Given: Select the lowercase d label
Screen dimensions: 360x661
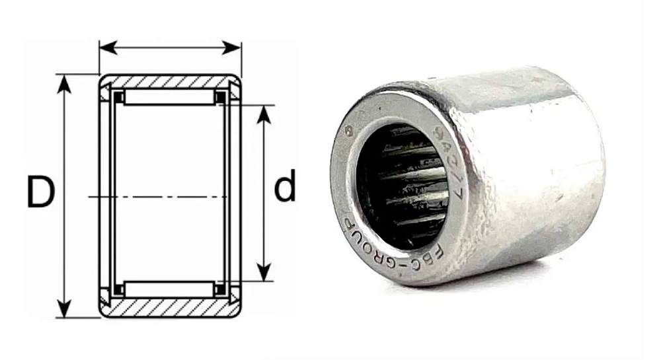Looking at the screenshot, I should coord(285,189).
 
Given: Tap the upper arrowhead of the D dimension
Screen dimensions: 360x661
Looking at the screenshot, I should coord(63,83).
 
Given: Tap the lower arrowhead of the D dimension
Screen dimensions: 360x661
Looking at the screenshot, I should coord(63,309).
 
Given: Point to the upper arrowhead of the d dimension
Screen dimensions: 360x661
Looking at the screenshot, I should coord(264,113).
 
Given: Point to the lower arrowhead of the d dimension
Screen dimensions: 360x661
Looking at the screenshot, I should coord(264,273).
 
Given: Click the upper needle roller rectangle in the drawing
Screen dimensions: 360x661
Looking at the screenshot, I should coord(169,98).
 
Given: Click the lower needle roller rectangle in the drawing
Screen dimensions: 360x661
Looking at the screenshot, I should coord(169,289).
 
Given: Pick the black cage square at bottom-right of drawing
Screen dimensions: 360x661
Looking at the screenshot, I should coord(220,289).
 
